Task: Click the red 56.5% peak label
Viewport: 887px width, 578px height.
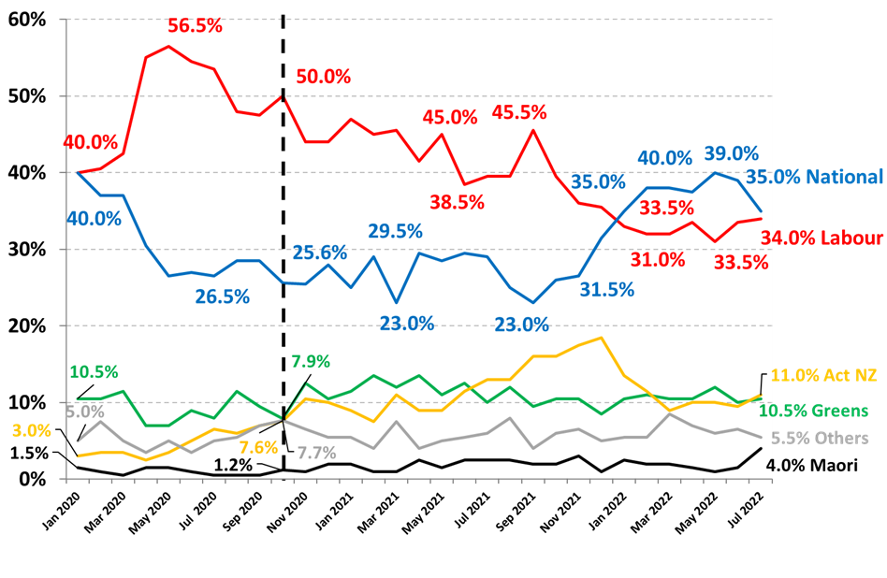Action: [196, 26]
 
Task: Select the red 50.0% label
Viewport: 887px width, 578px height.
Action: [323, 77]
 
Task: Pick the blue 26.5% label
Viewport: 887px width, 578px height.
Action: [223, 296]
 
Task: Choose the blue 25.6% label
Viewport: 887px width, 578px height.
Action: [320, 252]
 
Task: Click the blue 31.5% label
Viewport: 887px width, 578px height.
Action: [607, 290]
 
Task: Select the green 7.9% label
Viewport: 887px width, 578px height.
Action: [311, 361]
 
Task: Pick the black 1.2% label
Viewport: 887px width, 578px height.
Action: [233, 464]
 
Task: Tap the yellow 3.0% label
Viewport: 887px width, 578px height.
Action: [32, 431]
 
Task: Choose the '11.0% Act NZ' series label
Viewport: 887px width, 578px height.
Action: [824, 376]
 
